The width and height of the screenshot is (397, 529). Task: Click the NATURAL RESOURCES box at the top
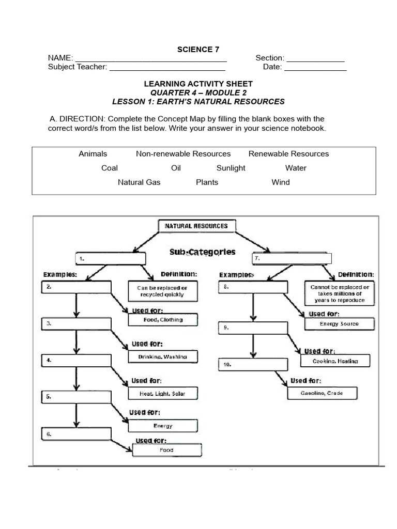[196, 226]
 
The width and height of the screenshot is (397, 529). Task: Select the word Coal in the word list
[110, 168]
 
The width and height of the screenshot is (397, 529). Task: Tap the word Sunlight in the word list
[231, 168]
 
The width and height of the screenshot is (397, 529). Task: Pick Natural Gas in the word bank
[139, 182]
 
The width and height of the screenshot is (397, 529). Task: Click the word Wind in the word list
[281, 182]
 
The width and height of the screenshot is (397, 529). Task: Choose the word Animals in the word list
[93, 153]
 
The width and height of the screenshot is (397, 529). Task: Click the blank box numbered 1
[112, 257]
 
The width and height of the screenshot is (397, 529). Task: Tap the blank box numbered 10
[252, 364]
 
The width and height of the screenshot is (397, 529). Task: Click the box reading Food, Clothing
[163, 320]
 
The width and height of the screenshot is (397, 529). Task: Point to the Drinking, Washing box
[163, 356]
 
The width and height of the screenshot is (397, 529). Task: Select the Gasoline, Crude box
[323, 393]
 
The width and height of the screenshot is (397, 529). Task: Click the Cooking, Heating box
[335, 361]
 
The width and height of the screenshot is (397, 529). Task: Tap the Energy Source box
[339, 324]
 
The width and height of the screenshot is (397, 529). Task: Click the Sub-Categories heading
[202, 252]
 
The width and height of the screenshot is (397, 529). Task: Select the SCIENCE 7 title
[198, 50]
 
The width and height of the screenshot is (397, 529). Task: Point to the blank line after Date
[315, 67]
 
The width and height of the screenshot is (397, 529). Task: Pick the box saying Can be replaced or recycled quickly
[162, 291]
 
